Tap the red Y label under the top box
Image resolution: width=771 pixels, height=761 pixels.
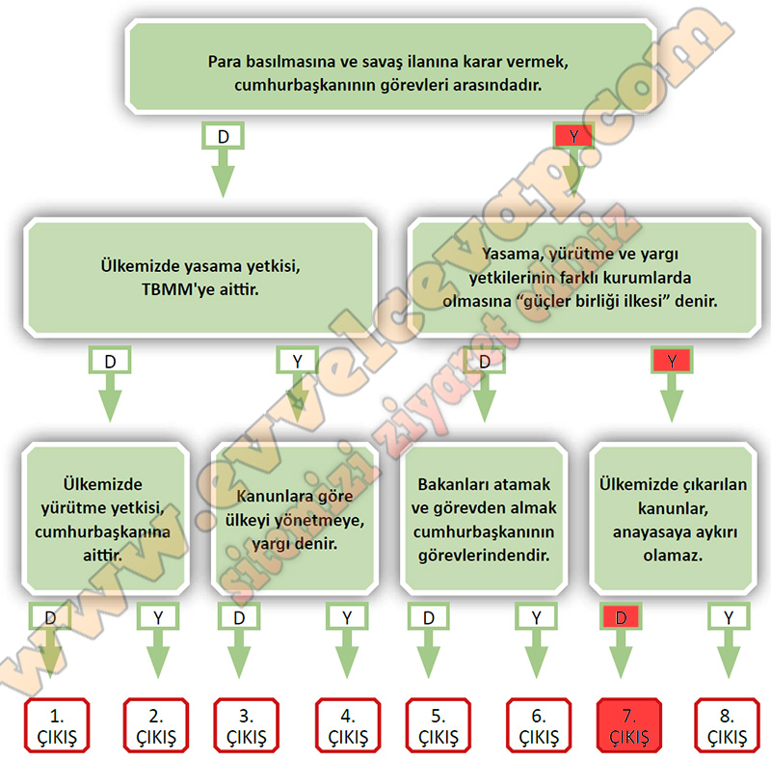pos(574,136)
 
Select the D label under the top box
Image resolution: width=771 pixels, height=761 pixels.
pos(223,136)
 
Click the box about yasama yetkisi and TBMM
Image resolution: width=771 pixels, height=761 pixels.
pos(199,277)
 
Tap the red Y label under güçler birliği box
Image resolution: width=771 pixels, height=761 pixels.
pos(672,361)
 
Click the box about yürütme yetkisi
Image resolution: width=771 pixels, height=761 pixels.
pos(104,516)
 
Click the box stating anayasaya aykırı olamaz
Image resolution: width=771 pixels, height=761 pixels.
pos(672,516)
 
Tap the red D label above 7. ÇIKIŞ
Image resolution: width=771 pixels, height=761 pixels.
pos(622,615)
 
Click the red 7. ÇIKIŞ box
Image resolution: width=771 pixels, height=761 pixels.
pos(629,726)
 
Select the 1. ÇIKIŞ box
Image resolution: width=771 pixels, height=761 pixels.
pos(57,726)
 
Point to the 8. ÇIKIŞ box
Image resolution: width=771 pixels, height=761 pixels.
pos(728,726)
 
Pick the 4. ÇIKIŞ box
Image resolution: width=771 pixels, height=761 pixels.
pos(348,726)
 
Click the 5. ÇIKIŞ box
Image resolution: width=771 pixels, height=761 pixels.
pos(439,726)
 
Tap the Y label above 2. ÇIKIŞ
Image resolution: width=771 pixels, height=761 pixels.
pos(158,615)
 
